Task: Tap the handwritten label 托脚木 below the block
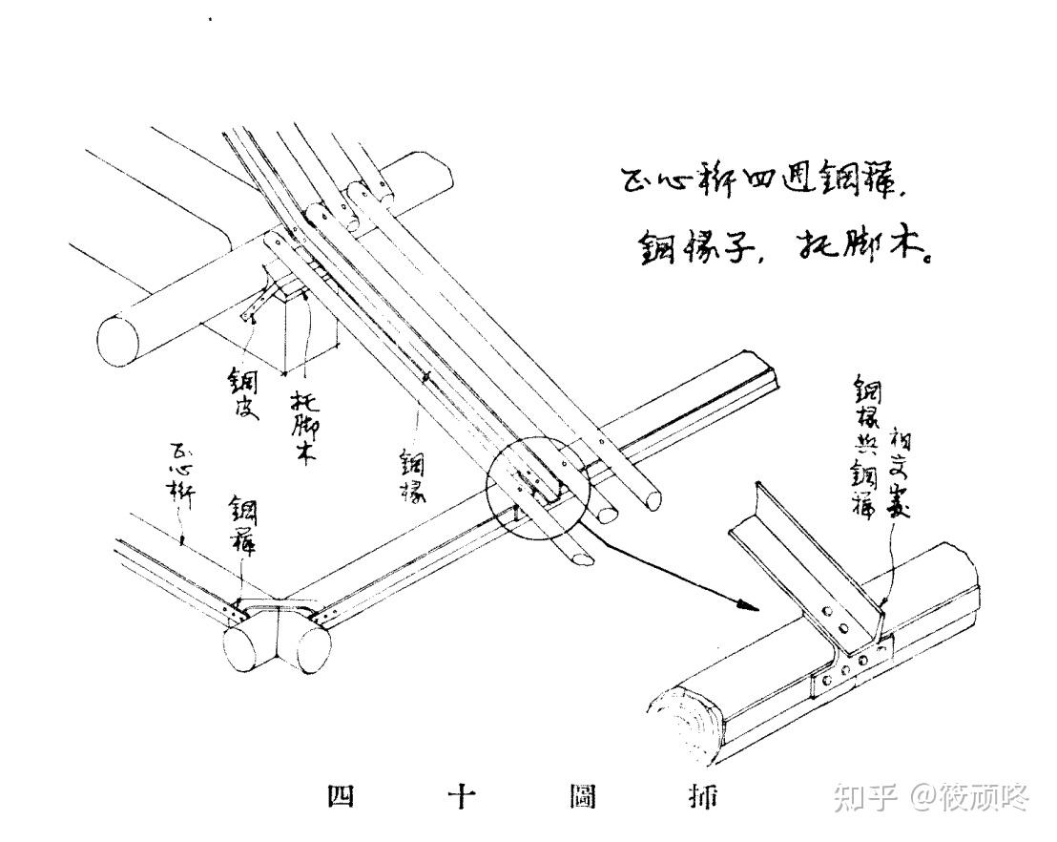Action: pos(302,428)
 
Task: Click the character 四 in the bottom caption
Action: pos(340,795)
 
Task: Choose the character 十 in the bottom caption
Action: pos(462,795)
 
